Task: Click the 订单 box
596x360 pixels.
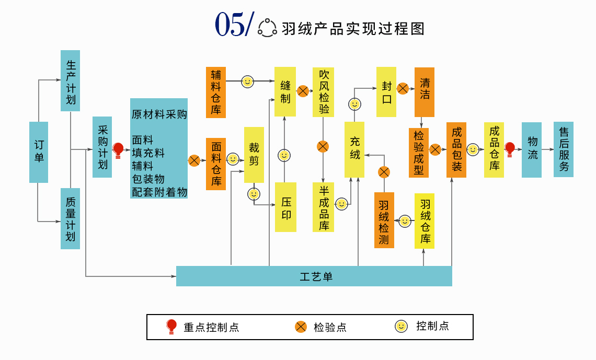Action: click(39, 152)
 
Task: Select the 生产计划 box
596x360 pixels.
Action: click(70, 80)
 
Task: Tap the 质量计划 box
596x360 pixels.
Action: click(70, 218)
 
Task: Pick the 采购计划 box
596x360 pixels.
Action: click(102, 147)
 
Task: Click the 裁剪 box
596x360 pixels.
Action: click(254, 155)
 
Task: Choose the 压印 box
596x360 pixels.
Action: click(285, 207)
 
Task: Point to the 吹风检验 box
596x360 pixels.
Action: click(323, 92)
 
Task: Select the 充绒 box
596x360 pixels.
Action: click(354, 149)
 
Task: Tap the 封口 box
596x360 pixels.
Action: click(386, 92)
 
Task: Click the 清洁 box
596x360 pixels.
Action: click(424, 92)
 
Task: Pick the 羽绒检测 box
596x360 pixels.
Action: click(384, 220)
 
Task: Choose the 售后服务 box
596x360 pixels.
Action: click(564, 149)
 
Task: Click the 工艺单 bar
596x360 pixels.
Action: click(314, 276)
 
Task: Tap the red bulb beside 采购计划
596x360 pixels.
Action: click(118, 150)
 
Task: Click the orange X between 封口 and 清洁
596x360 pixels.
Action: click(403, 88)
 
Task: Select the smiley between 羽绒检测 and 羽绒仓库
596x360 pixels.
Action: click(405, 221)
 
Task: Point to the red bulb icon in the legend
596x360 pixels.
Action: click(171, 327)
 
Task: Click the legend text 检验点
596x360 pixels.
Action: click(330, 328)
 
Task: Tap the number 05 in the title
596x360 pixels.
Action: click(230, 25)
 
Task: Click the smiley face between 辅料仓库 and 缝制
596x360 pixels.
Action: click(247, 82)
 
